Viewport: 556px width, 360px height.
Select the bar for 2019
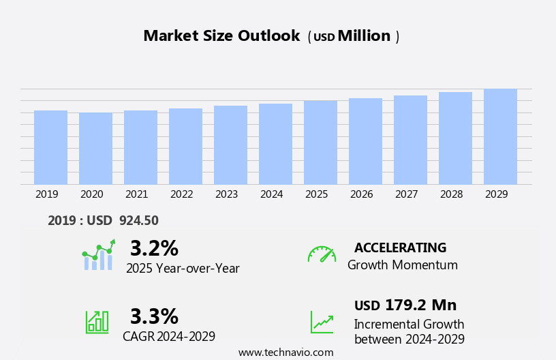(x=50, y=147)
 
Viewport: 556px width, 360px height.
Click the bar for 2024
(x=275, y=144)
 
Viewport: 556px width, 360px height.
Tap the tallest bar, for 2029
(x=500, y=136)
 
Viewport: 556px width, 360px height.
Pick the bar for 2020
(x=95, y=149)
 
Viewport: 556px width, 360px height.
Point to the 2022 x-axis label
(x=181, y=194)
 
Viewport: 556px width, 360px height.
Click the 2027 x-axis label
(x=406, y=194)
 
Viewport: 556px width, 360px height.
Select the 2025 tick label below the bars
(x=316, y=194)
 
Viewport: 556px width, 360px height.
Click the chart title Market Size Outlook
(x=221, y=36)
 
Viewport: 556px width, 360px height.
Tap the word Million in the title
(x=364, y=36)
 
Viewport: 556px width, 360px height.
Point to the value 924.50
(x=139, y=221)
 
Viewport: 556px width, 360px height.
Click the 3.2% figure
(x=154, y=248)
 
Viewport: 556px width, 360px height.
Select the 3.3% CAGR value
(x=154, y=316)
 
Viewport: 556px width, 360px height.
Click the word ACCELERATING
(x=400, y=248)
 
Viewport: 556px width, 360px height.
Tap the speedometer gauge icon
(x=322, y=254)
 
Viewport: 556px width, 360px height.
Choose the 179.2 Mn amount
(x=420, y=305)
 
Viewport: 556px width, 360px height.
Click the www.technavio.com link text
(x=285, y=352)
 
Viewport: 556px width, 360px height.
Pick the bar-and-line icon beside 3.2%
(x=98, y=255)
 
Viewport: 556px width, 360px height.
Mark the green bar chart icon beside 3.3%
(x=97, y=321)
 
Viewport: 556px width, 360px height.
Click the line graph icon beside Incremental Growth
(x=322, y=322)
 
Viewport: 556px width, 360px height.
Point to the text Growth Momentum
(x=402, y=265)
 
